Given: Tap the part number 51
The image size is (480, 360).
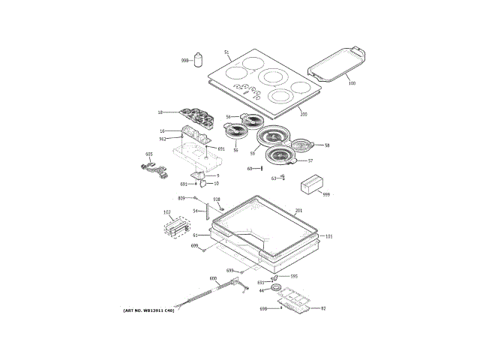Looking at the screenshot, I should coord(226,52).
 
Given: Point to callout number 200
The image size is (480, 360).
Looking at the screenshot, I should coord(303,114).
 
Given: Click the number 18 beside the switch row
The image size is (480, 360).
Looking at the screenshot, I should coord(160,112).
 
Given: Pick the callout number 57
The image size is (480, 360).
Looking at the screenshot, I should coord(310,160).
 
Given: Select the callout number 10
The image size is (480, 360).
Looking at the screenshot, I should coord(216,183).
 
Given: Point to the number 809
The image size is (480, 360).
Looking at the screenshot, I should coord(181,197).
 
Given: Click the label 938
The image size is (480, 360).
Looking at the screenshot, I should coord(217,199).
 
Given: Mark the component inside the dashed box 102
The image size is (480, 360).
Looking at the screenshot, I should coord(177,226).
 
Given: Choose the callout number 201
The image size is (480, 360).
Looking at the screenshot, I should coord(298,211).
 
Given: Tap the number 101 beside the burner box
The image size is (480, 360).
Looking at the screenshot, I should coord(328,236).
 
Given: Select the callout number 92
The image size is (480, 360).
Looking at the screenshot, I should coord(323,308).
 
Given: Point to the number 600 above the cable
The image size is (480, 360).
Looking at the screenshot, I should coord(213,278).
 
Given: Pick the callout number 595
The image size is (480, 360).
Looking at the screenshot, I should coord(295,276).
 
